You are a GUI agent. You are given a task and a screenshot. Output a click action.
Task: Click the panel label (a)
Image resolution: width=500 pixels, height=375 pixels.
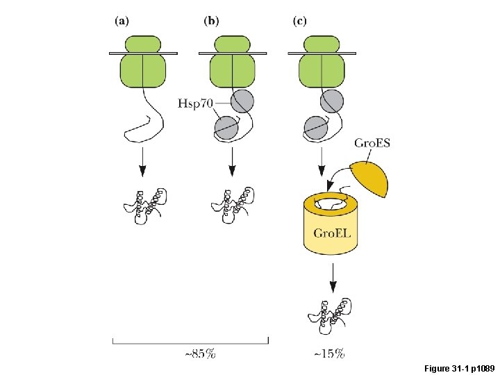pos(121,21)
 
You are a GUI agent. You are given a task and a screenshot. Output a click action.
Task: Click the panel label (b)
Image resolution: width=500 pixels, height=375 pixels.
pos(210,21)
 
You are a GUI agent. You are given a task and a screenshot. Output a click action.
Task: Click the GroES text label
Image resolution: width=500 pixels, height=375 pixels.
pos(372,144)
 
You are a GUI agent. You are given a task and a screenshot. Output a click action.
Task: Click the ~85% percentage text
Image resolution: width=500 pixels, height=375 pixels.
pos(200,354)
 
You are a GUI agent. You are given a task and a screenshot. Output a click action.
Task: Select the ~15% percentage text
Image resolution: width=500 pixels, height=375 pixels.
pos(329,354)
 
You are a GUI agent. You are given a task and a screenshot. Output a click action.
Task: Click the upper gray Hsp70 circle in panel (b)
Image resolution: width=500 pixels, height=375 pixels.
pos(242,101)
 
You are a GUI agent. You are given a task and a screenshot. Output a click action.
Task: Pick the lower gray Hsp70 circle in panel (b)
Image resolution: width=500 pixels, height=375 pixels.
pos(226,128)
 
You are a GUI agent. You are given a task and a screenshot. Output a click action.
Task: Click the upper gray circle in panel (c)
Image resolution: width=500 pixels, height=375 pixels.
pos(332,101)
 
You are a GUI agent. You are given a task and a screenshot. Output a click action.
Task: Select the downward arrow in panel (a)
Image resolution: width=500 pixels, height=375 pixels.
pos(142,162)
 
